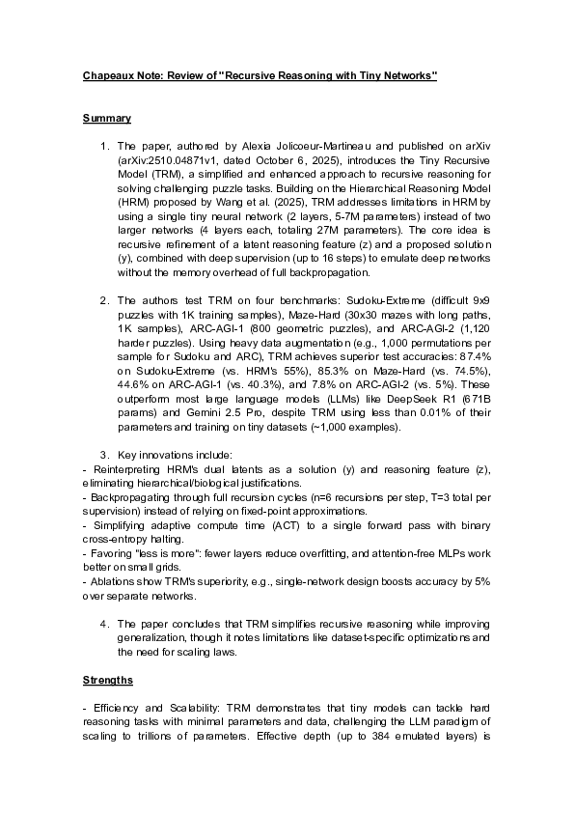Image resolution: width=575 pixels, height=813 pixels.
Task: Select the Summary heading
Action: point(106,118)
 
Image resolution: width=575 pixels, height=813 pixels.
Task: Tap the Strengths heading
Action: point(108,680)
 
